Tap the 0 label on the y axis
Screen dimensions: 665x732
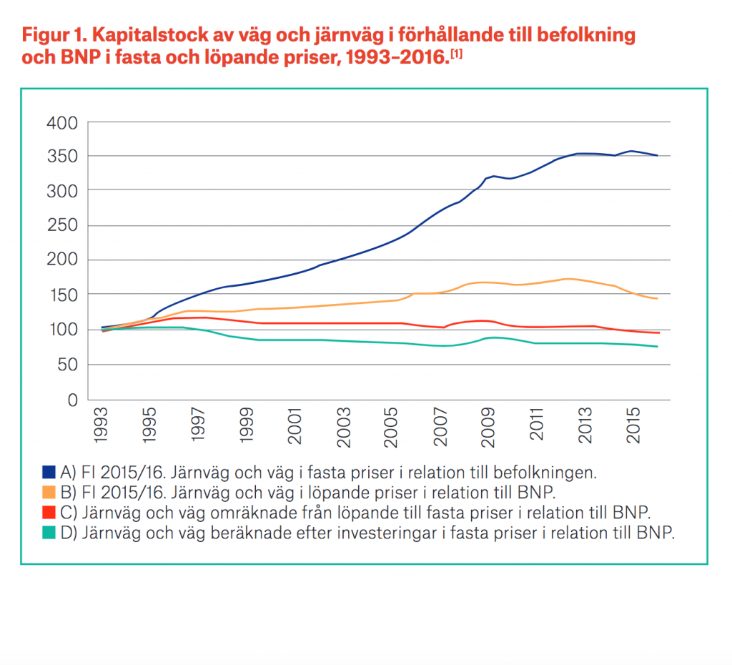tap(72, 400)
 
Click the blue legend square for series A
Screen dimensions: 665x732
tap(49, 472)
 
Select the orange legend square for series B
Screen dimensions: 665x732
tap(49, 492)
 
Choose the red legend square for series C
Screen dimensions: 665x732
tap(49, 512)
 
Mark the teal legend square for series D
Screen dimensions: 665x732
tap(49, 532)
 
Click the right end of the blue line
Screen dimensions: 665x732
tap(657, 155)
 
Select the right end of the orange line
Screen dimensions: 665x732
tap(657, 298)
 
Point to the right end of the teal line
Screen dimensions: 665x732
tap(657, 347)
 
